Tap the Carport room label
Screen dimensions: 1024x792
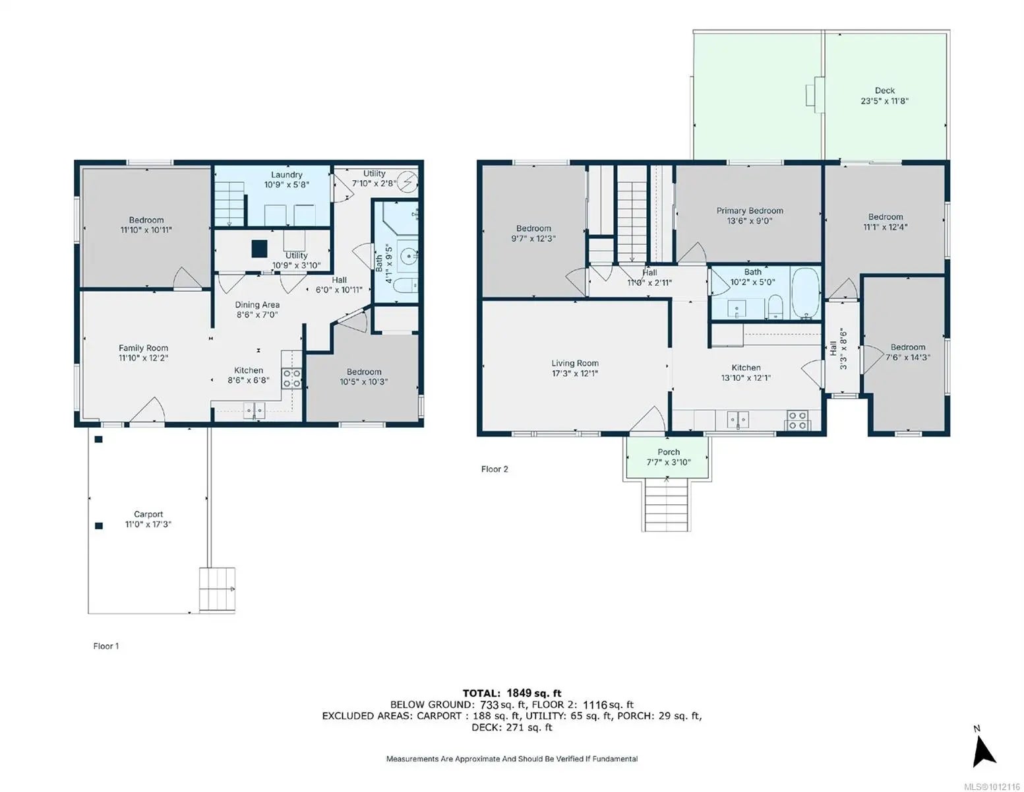(148, 514)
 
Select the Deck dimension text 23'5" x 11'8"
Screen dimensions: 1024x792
(884, 101)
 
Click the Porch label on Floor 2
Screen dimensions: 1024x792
(669, 452)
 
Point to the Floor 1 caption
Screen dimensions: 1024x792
(106, 646)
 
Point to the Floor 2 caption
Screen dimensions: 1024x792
(495, 469)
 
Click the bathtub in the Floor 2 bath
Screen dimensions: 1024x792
(806, 294)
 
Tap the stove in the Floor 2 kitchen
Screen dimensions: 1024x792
(797, 420)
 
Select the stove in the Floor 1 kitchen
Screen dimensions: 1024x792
(291, 378)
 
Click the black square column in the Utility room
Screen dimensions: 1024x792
(259, 249)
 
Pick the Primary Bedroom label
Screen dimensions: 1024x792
(750, 211)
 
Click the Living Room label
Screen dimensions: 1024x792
(575, 363)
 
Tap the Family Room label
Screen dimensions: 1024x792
(143, 348)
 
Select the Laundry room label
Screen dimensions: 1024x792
(287, 174)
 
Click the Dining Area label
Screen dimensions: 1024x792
(257, 305)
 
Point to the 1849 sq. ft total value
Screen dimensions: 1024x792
(534, 694)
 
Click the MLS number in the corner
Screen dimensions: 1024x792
(992, 787)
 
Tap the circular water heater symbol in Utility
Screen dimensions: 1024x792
(407, 181)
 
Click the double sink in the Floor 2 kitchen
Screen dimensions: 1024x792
(737, 419)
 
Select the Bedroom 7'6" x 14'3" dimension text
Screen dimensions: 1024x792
(907, 358)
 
